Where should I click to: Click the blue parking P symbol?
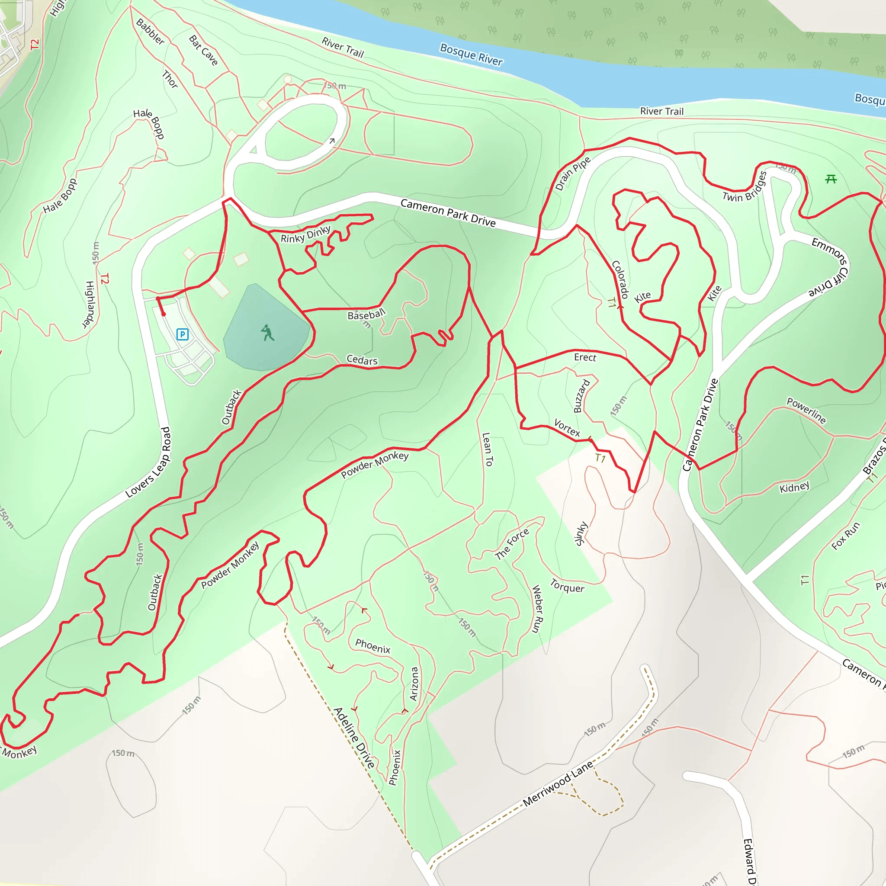click(x=183, y=334)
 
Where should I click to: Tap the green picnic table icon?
click(x=831, y=179)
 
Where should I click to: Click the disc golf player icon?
click(x=267, y=333)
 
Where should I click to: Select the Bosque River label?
click(x=471, y=55)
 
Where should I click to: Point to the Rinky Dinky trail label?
click(x=305, y=234)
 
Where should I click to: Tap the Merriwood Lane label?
click(x=558, y=783)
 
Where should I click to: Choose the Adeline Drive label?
click(x=354, y=738)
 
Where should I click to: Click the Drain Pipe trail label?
click(x=572, y=173)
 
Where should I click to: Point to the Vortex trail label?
click(x=567, y=427)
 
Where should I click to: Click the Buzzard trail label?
click(x=581, y=396)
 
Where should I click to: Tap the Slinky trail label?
click(x=581, y=533)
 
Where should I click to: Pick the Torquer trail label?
click(x=567, y=586)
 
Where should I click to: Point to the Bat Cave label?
click(x=203, y=50)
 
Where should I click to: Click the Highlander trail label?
click(x=89, y=305)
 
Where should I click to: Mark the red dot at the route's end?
click(x=164, y=314)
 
